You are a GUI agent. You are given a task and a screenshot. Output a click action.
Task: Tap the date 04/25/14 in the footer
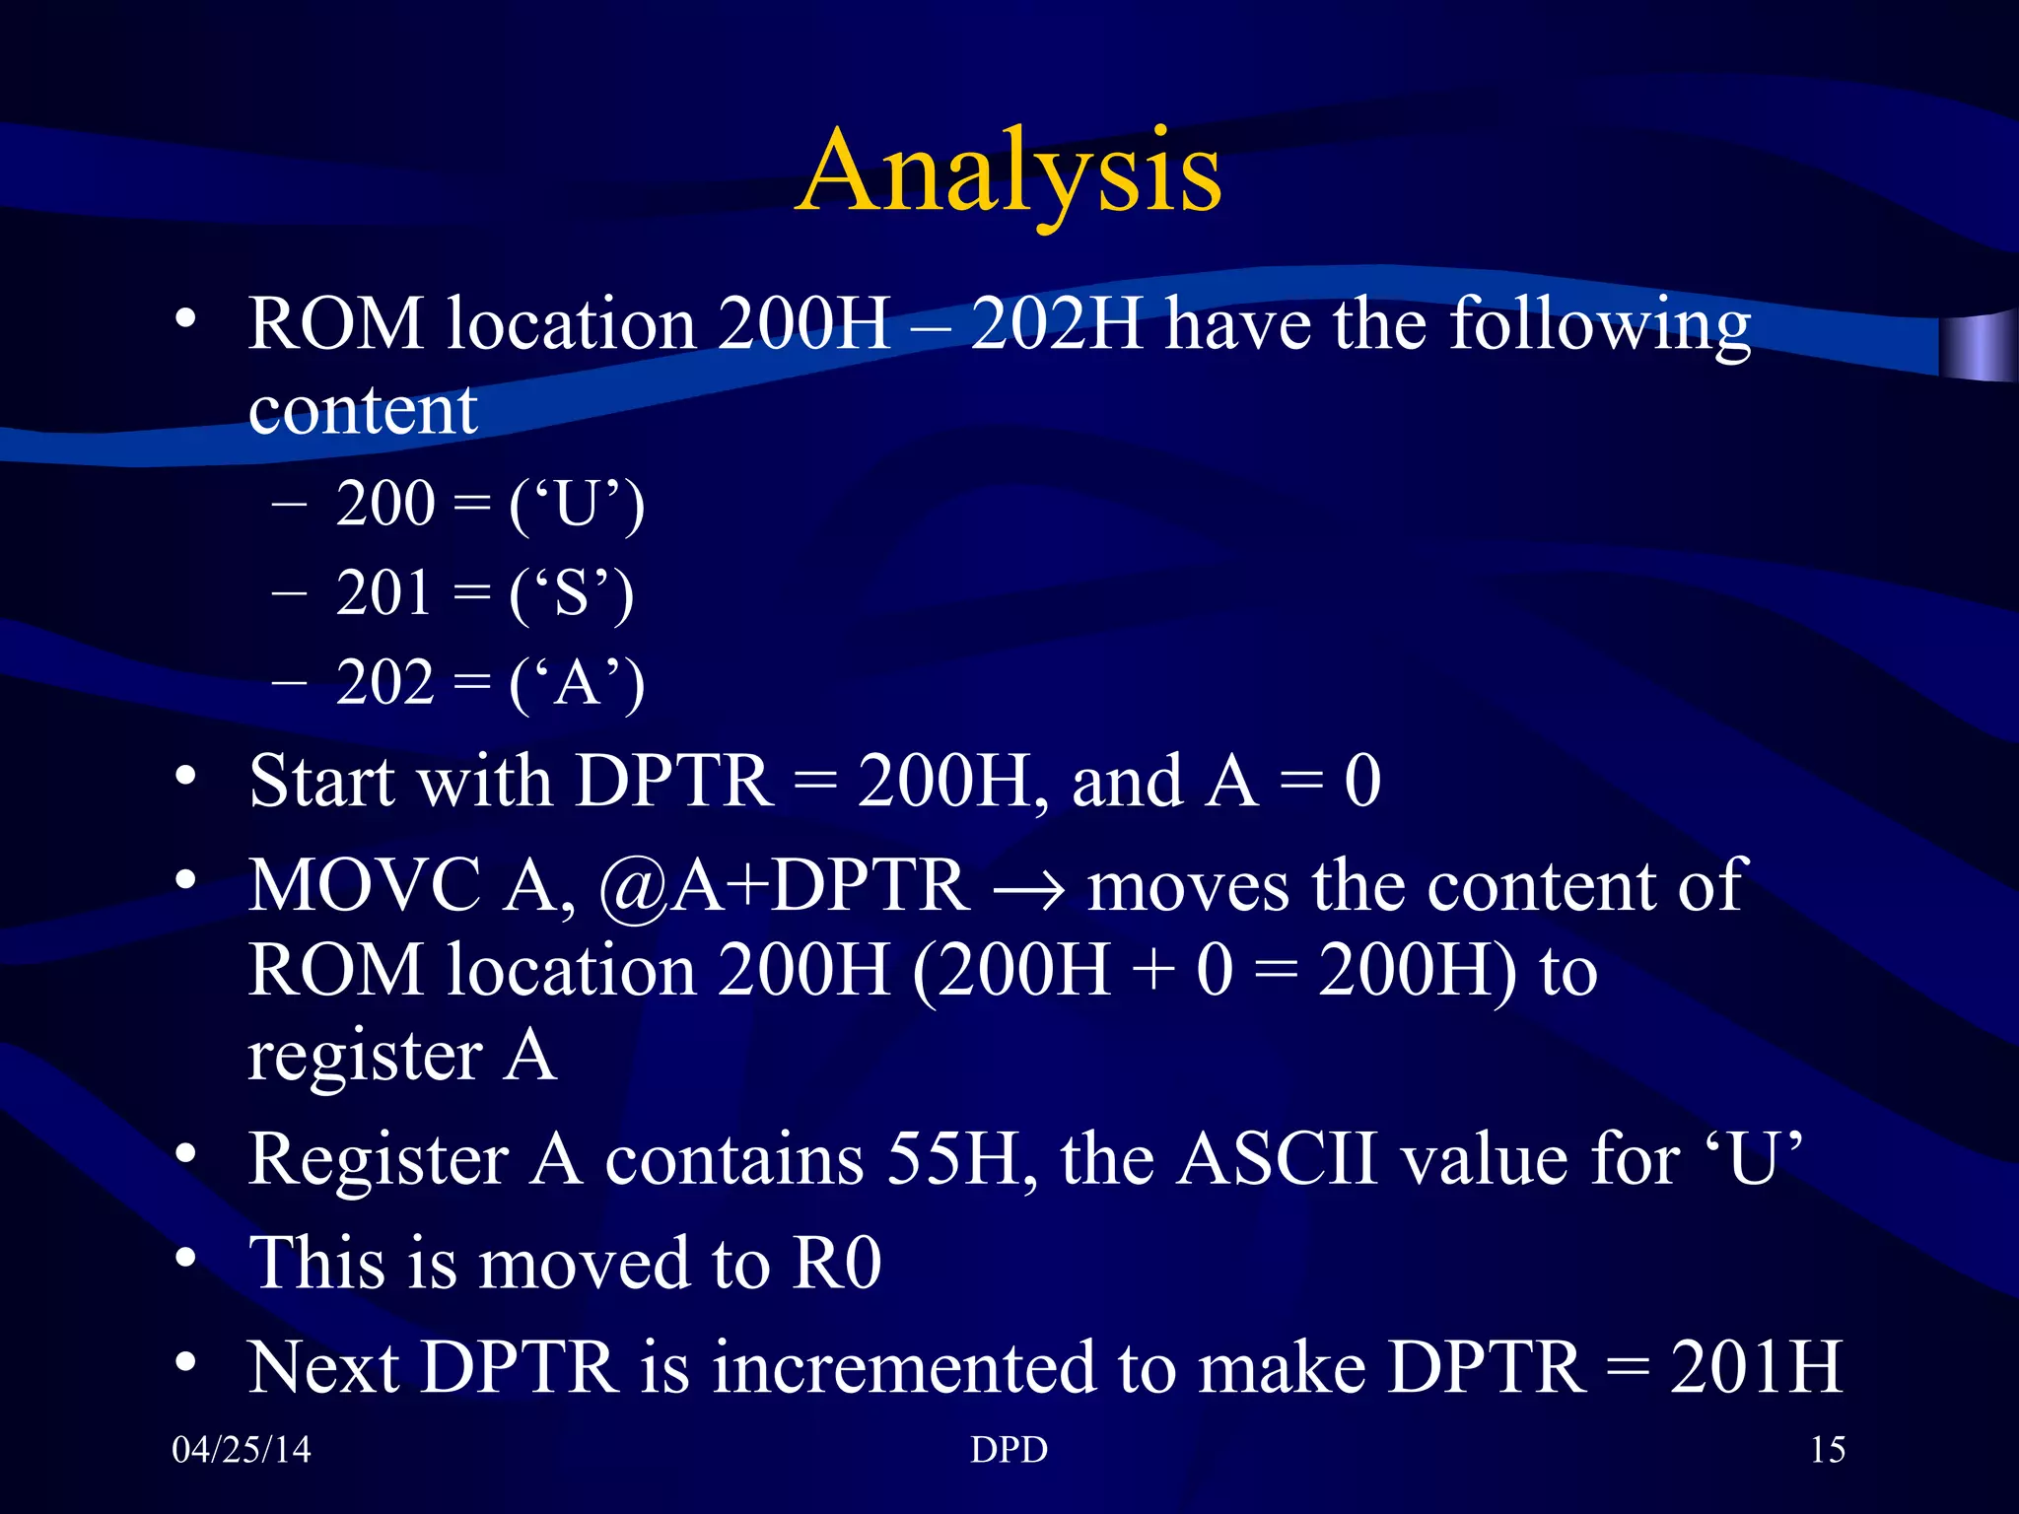point(241,1449)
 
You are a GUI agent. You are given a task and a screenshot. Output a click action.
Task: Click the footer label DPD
point(1009,1449)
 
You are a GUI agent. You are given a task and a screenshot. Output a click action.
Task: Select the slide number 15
point(1827,1449)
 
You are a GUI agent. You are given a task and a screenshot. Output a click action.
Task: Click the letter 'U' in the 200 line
point(577,505)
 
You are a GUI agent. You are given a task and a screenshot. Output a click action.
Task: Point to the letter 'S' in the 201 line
point(572,594)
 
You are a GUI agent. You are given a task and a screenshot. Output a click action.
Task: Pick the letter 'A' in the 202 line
point(577,683)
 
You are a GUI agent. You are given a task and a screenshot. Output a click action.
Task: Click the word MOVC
point(364,885)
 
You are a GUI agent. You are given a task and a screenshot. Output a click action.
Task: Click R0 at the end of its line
point(837,1264)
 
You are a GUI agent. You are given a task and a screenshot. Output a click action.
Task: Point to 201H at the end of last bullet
point(1755,1368)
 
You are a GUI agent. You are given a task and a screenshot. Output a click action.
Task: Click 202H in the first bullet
point(1055,325)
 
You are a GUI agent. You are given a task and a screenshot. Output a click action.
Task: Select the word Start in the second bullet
point(321,782)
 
